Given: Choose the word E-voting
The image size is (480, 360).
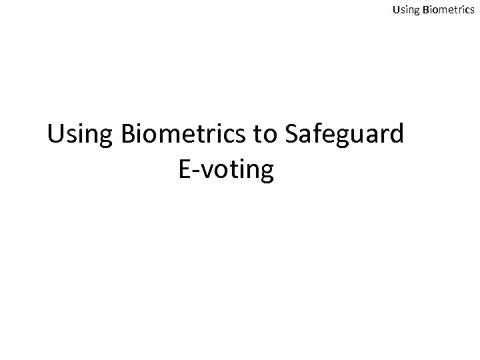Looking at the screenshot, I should (226, 171).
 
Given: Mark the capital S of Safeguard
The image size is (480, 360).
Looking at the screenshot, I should (291, 134).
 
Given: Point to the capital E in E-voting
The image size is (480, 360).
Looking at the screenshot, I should (185, 169).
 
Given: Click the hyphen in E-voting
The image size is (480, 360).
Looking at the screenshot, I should (197, 172).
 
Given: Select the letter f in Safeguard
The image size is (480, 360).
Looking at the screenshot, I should (317, 133).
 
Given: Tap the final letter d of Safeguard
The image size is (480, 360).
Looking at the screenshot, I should (396, 134).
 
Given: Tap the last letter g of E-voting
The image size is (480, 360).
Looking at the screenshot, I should (266, 173).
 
